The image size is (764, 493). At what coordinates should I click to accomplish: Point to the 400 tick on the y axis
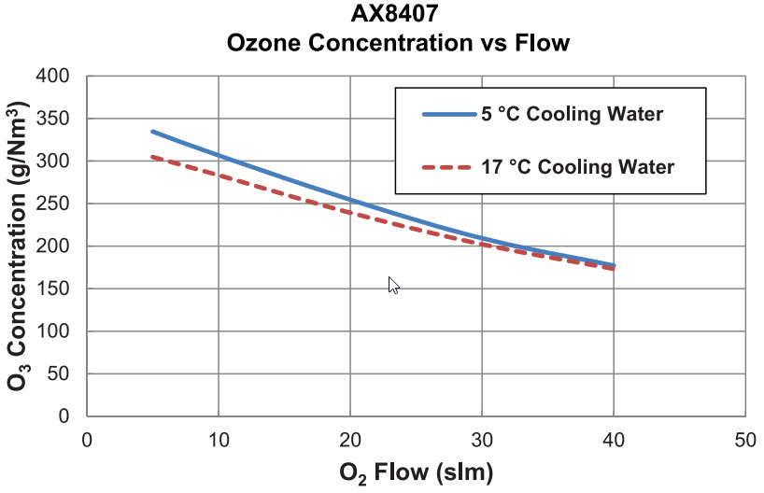click(x=59, y=76)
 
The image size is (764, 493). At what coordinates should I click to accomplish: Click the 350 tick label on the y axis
click(x=59, y=119)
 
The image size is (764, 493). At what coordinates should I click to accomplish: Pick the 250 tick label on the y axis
click(x=59, y=204)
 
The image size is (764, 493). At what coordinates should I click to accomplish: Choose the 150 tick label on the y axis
click(x=59, y=289)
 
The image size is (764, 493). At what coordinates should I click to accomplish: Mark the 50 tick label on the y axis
click(x=63, y=373)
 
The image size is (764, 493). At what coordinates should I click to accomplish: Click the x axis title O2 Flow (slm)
click(x=416, y=472)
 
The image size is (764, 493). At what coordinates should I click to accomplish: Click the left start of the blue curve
click(x=153, y=132)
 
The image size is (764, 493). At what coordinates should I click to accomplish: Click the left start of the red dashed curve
click(x=153, y=157)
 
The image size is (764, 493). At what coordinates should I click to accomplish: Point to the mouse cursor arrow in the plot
click(x=393, y=285)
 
